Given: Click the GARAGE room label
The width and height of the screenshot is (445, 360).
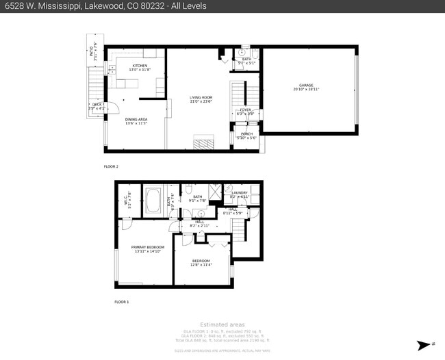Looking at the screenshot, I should pyautogui.click(x=305, y=85).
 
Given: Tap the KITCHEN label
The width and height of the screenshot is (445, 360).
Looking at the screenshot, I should pyautogui.click(x=140, y=66).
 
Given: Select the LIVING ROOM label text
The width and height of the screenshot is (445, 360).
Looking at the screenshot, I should pyautogui.click(x=201, y=98).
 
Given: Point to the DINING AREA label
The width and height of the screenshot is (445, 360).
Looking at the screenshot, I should pyautogui.click(x=136, y=119).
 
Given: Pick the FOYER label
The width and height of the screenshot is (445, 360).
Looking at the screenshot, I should pyautogui.click(x=244, y=110).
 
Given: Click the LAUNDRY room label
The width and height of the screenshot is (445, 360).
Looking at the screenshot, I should pyautogui.click(x=239, y=193).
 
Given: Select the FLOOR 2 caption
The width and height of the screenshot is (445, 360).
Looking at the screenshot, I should pyautogui.click(x=111, y=166).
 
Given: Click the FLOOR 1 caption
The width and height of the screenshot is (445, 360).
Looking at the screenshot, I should pyautogui.click(x=121, y=302).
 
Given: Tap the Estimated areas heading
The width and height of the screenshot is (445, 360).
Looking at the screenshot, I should pyautogui.click(x=222, y=324).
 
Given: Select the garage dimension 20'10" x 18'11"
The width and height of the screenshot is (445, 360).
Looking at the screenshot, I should pyautogui.click(x=306, y=89).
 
